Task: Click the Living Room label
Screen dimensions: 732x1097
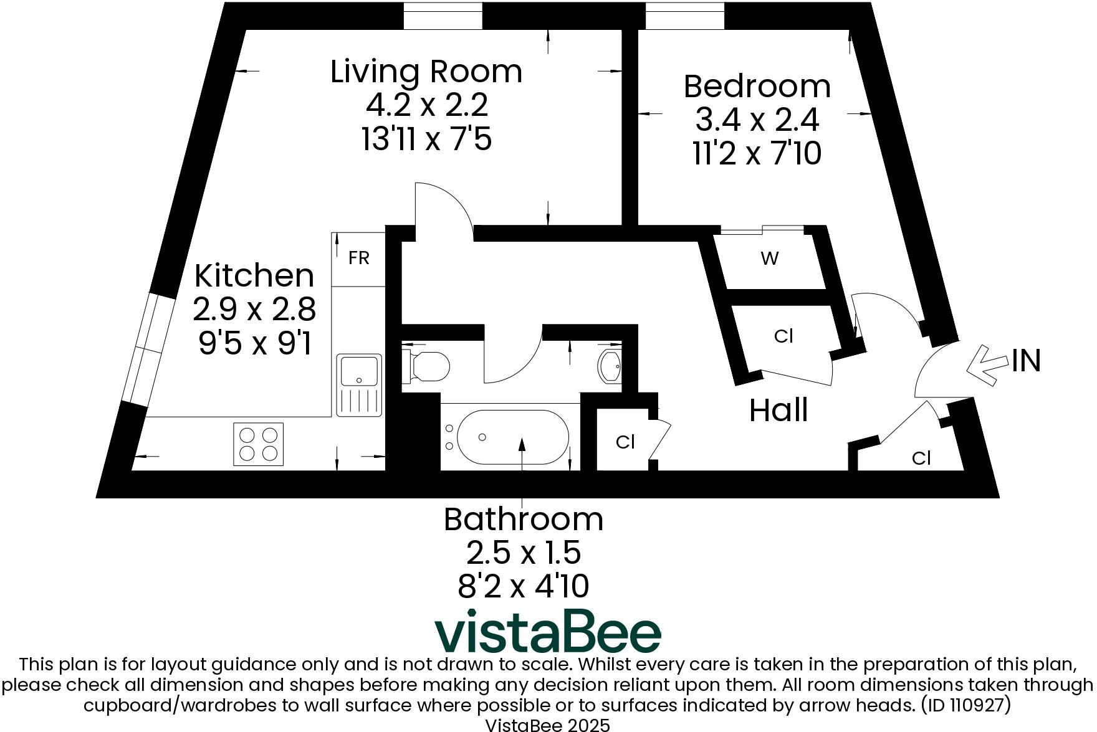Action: pos(426,72)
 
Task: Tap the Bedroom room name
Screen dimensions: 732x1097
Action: pos(757,87)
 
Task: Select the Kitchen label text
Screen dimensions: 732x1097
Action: pos(254,275)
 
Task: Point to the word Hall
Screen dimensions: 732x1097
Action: pos(778,411)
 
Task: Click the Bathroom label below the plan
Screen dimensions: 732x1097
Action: pos(523,520)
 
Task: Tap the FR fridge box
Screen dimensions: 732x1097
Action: pos(358,258)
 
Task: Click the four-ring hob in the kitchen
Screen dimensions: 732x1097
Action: pos(258,444)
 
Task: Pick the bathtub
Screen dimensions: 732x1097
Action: pos(512,437)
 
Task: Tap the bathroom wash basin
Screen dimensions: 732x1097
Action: pos(609,366)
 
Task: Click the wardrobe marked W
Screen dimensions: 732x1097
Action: pos(770,259)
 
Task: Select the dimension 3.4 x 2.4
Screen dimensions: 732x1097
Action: pos(757,120)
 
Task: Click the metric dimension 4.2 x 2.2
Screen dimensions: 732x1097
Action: pos(426,105)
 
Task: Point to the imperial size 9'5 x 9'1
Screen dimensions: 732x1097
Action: pos(254,343)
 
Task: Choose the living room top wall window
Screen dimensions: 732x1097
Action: pos(443,16)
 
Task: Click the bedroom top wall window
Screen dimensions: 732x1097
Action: pos(684,16)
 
